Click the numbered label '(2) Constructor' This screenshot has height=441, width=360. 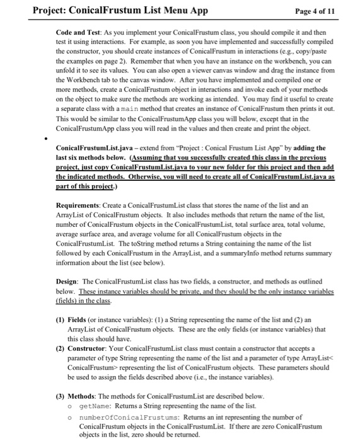coord(85,348)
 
